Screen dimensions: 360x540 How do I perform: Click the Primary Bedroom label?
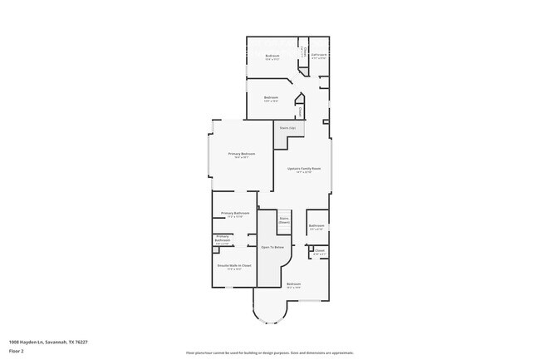click(242, 155)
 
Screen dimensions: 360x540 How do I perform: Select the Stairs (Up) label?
click(287, 128)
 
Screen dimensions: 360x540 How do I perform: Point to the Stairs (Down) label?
click(284, 220)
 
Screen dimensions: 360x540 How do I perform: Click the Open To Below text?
click(272, 248)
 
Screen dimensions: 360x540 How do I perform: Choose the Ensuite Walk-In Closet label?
click(234, 266)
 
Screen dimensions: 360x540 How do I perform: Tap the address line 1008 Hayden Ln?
click(48, 341)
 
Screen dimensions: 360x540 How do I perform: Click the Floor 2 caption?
click(17, 351)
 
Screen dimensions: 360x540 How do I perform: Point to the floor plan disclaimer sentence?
click(270, 353)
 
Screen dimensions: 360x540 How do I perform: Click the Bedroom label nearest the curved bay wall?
click(293, 285)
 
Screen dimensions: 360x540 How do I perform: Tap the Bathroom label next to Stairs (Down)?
click(317, 227)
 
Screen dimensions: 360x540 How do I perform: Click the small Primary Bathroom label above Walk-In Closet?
click(222, 239)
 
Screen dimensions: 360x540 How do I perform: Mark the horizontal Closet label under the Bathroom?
click(320, 250)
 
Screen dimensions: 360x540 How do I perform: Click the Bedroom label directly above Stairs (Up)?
click(271, 99)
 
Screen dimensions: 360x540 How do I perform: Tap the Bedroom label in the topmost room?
click(272, 57)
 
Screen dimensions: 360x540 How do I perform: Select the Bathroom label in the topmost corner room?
click(319, 57)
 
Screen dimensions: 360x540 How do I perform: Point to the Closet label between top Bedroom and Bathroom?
click(305, 52)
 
